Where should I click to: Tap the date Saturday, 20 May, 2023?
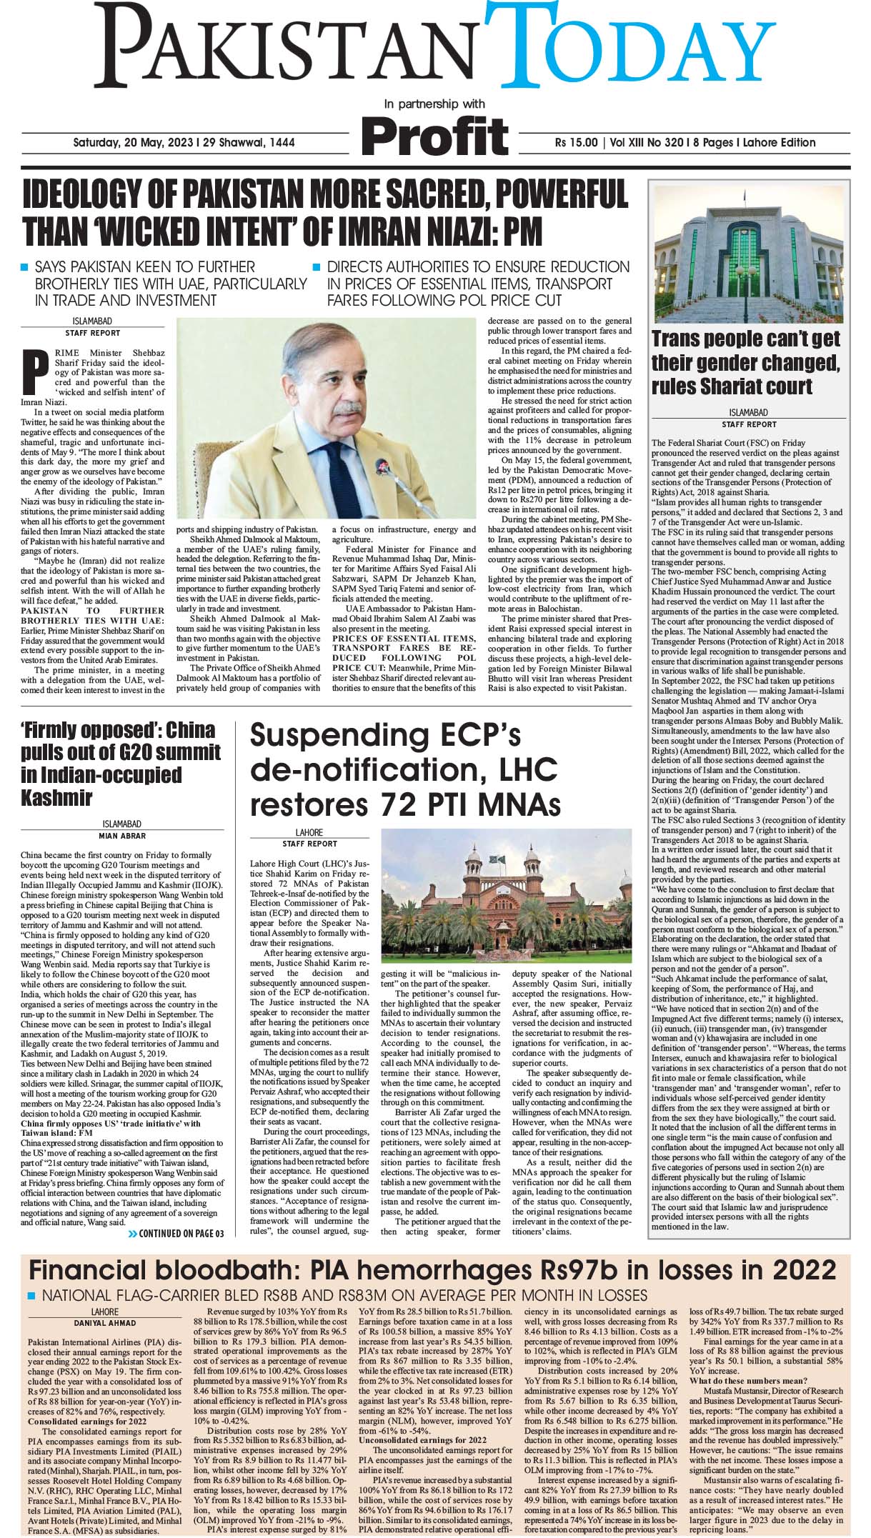coord(135,142)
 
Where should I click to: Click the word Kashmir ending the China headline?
coord(58,797)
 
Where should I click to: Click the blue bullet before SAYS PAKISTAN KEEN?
coord(25,268)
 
